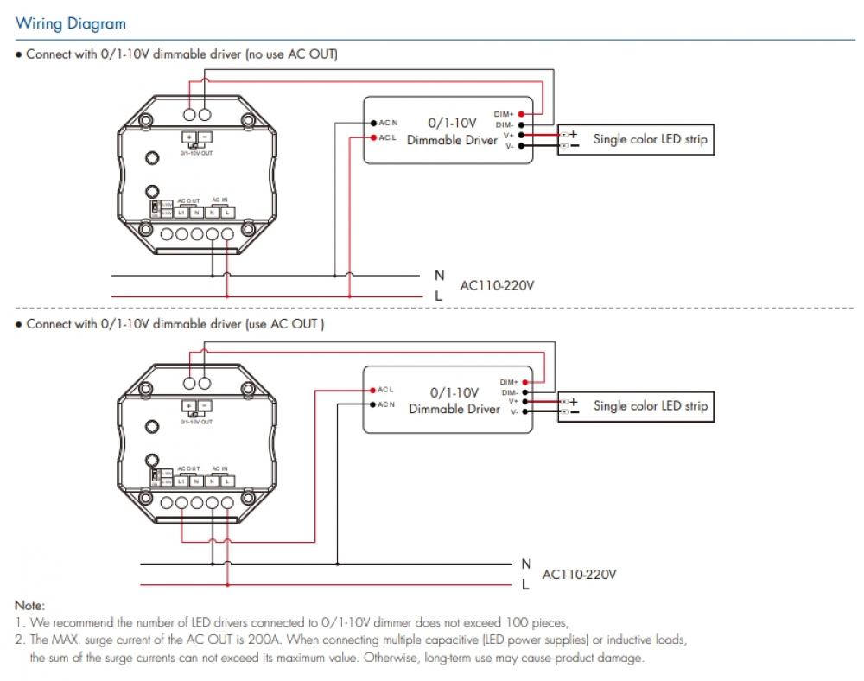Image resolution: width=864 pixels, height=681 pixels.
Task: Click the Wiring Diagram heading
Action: click(71, 24)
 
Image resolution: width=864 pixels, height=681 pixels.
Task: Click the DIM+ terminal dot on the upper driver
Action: click(521, 114)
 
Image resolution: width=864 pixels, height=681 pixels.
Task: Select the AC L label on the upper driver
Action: click(386, 137)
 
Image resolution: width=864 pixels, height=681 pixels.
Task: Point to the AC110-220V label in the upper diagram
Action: click(498, 284)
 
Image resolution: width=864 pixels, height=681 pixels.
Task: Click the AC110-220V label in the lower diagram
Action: click(579, 574)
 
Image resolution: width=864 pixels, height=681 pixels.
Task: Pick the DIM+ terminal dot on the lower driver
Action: click(525, 381)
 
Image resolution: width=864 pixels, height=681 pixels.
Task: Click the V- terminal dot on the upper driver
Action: click(521, 146)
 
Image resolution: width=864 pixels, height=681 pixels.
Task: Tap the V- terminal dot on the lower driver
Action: click(525, 412)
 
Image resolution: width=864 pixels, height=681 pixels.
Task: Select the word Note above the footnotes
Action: click(29, 607)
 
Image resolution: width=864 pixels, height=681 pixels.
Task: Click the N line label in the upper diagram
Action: click(439, 275)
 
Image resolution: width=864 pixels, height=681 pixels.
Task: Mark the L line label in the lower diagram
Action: click(524, 585)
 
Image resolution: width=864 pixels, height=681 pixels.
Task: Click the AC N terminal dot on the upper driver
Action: click(372, 123)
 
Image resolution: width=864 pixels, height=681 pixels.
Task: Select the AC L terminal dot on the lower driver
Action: click(372, 390)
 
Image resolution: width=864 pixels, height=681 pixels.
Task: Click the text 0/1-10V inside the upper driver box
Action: click(452, 123)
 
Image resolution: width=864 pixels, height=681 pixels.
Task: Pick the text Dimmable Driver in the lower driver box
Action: click(454, 409)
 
